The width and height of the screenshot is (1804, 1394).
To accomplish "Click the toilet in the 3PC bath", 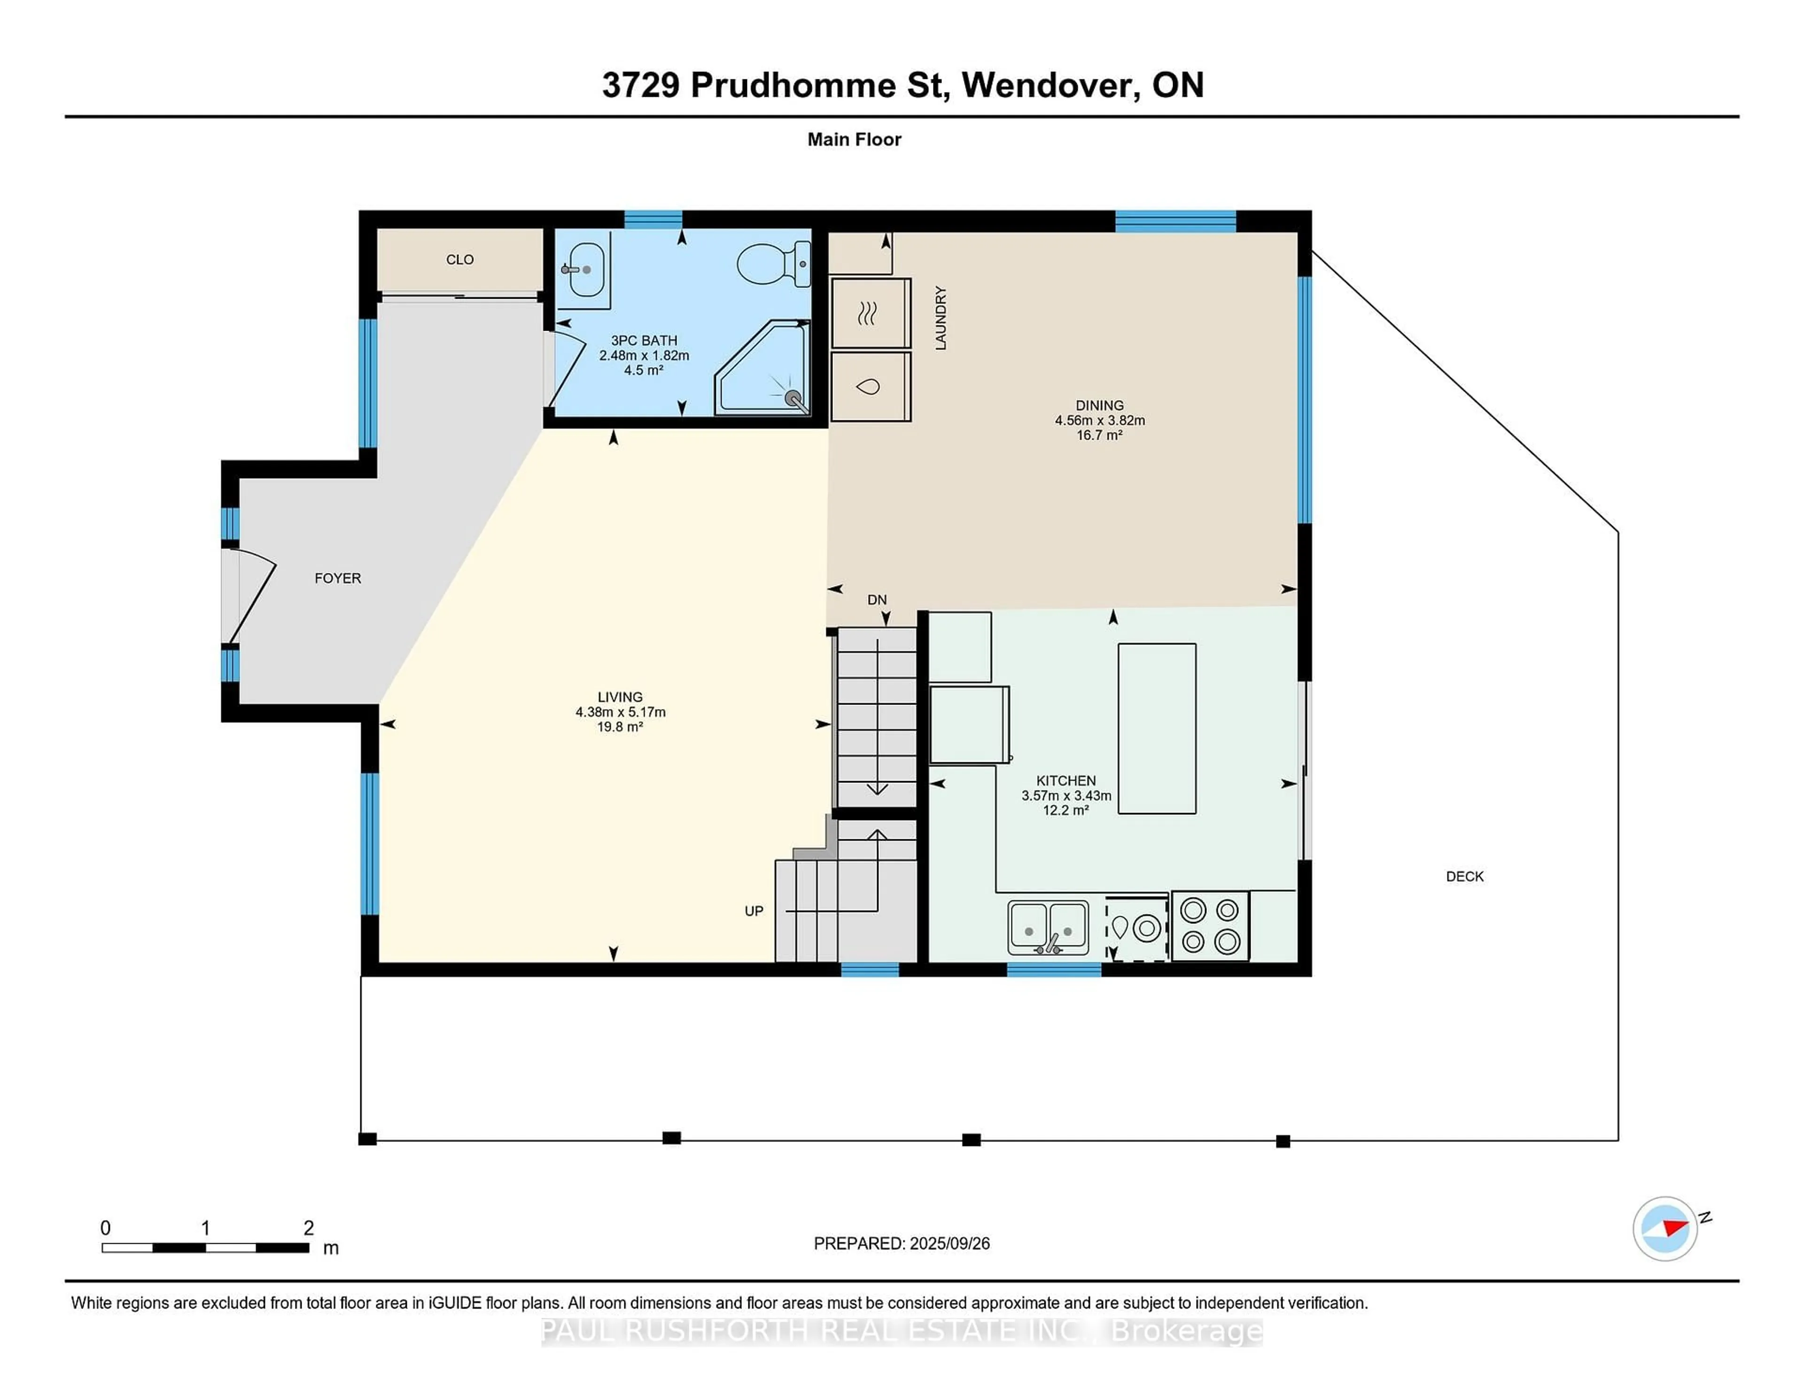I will (x=772, y=263).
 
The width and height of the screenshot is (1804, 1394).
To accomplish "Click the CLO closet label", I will (x=460, y=259).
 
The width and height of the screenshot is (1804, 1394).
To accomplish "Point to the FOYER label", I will (x=338, y=578).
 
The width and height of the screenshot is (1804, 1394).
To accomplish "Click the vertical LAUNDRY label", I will (x=940, y=318).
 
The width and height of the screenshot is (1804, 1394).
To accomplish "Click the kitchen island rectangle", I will (x=1157, y=728).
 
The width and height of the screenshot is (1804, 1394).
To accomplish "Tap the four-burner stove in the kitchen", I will (x=1210, y=926).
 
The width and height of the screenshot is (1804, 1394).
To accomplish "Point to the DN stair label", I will (x=877, y=600).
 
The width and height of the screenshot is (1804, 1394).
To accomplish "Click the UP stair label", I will (x=754, y=911).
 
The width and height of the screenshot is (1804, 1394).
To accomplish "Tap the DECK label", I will (x=1464, y=876).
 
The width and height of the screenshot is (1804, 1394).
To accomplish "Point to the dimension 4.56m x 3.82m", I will (x=1099, y=420).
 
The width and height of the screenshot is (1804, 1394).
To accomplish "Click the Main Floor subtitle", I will (x=854, y=139).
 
